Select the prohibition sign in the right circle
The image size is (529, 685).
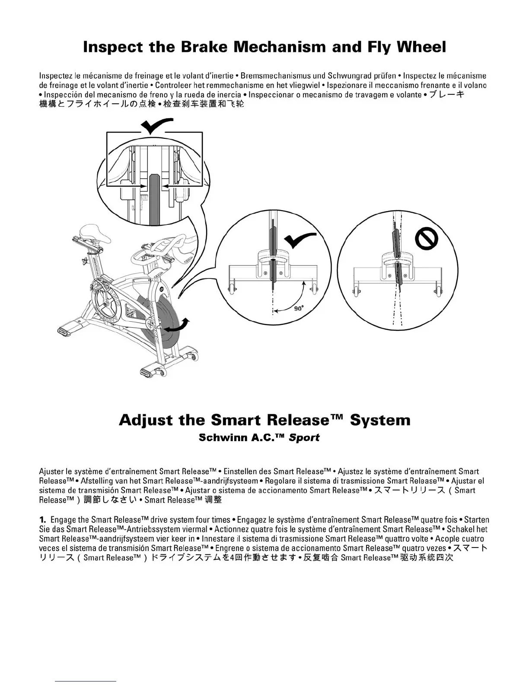pos(427,239)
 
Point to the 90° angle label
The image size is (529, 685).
pos(299,308)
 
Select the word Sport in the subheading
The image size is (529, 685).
pos(304,438)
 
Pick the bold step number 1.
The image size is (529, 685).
pos(42,520)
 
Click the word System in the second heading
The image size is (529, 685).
pos(380,420)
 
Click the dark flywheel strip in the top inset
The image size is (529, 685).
pos(154,199)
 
